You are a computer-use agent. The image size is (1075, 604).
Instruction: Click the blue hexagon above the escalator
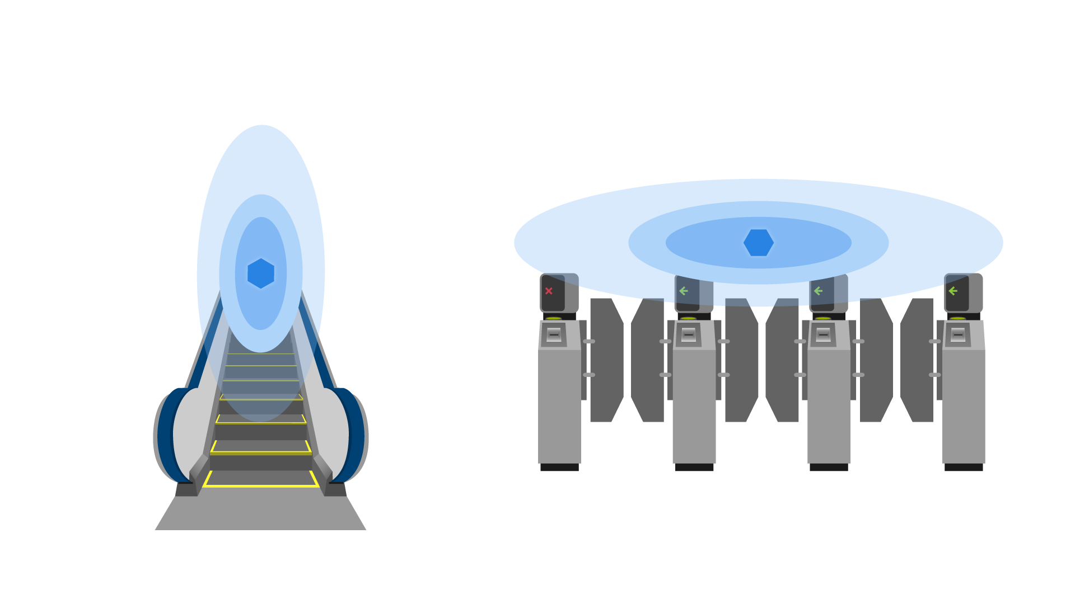261,273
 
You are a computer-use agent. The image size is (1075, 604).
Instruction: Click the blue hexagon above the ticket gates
759,243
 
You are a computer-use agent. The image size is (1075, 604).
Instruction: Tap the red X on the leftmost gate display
549,291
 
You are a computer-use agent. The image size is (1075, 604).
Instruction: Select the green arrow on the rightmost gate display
953,291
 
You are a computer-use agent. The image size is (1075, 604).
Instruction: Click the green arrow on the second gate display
684,291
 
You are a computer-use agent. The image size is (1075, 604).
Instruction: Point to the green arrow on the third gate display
818,291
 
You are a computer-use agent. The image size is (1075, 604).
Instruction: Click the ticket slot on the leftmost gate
554,334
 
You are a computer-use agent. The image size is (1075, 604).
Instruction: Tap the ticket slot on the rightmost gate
958,334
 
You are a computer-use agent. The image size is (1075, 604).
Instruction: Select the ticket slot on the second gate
689,334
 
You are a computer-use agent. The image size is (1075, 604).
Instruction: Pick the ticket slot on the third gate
823,334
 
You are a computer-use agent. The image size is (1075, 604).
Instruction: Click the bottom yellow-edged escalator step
261,479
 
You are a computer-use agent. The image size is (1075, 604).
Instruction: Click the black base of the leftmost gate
559,468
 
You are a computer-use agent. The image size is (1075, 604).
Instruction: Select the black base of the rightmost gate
964,468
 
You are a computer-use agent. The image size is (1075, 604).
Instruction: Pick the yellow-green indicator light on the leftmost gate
554,318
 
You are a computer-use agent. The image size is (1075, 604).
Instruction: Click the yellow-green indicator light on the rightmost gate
958,318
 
